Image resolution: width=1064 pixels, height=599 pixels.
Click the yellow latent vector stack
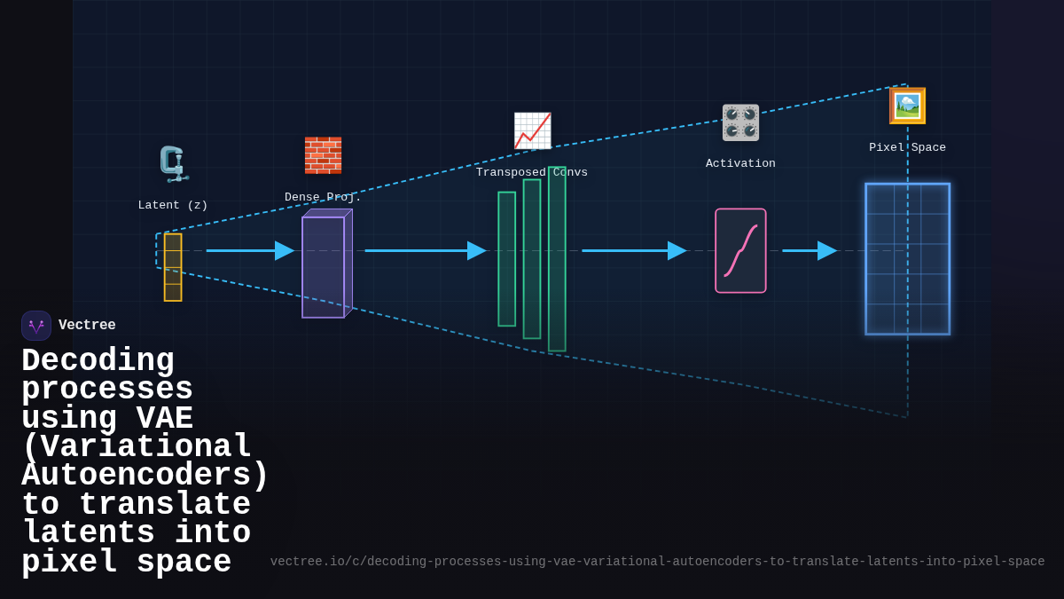pos(173,267)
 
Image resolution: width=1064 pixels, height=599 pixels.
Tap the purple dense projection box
pos(324,266)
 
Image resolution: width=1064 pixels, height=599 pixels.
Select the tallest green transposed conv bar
pos(557,259)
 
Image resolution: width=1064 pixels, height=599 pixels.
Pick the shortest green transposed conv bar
pos(506,259)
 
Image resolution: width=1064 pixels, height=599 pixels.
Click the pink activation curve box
pos(740,250)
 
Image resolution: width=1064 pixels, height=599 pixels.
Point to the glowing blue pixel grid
pos(907,259)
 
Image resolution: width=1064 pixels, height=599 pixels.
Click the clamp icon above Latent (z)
pos(173,164)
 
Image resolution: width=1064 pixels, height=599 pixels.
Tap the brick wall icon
pos(323,155)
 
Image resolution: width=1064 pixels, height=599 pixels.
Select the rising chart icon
pos(532,131)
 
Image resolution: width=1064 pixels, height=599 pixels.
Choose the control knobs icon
pos(740,122)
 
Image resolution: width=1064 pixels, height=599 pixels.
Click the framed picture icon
pos(907,106)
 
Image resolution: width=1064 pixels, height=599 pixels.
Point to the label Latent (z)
pos(173,205)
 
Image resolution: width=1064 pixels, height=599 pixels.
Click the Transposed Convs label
pos(532,172)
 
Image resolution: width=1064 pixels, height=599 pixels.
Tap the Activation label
pos(740,163)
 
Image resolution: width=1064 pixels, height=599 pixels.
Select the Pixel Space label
pos(907,147)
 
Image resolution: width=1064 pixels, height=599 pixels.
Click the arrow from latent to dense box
pos(249,250)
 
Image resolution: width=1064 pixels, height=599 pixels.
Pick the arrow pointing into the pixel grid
pos(809,250)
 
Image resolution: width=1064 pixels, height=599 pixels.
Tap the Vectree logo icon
pos(36,326)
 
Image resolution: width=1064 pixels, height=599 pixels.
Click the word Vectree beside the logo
pos(87,326)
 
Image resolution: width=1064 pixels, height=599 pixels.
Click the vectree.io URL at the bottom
pos(657,562)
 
